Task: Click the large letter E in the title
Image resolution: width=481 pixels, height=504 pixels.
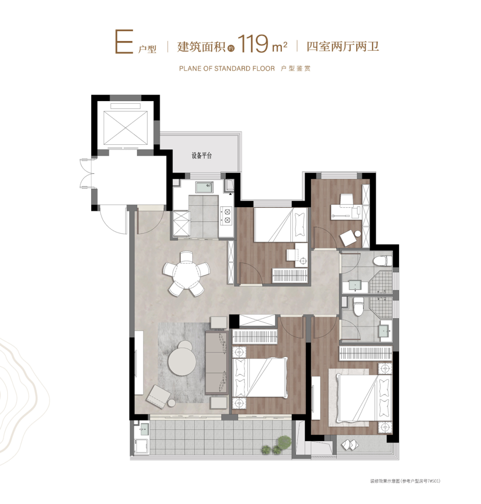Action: coord(124,41)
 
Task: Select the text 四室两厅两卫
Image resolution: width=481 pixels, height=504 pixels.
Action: coord(342,46)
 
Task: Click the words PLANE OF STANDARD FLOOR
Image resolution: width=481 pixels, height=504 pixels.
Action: coord(227,69)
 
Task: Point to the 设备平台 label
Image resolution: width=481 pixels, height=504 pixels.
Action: coord(201,156)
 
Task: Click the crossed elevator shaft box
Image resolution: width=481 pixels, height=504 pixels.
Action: coord(125,128)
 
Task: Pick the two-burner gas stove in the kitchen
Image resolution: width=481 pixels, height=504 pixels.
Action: coord(227,216)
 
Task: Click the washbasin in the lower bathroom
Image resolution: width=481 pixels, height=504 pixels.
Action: coord(385,331)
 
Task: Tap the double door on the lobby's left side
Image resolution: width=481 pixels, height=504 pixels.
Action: coord(86,173)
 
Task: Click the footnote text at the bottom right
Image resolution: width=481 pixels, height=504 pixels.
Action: coord(405,481)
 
